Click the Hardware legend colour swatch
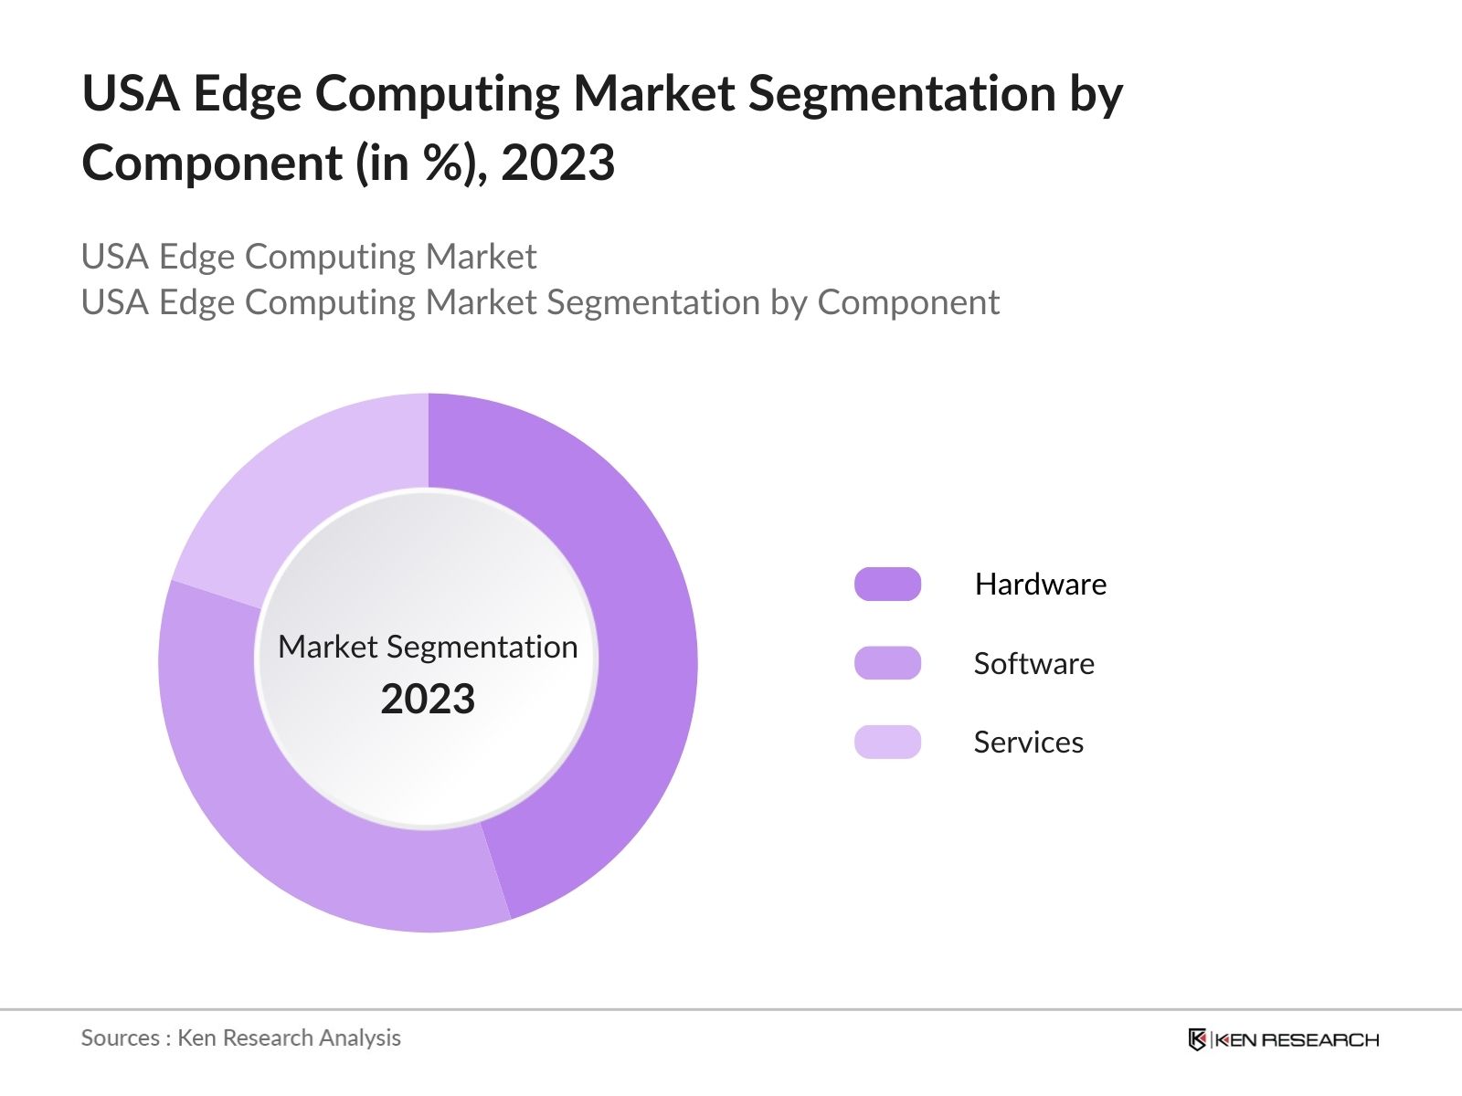coord(887,585)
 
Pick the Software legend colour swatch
coord(887,663)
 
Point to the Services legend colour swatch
coord(887,742)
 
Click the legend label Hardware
coord(1040,585)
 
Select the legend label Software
coord(1033,664)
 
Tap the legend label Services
coord(1028,743)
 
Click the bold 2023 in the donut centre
coord(428,700)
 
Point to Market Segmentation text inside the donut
coord(428,647)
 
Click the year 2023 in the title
coord(557,163)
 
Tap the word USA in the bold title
coord(131,93)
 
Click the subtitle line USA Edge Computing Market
coord(309,257)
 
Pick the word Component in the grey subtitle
coord(908,302)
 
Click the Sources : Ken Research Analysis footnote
coord(241,1038)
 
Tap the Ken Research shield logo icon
coord(1197,1039)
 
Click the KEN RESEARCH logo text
coord(1296,1039)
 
